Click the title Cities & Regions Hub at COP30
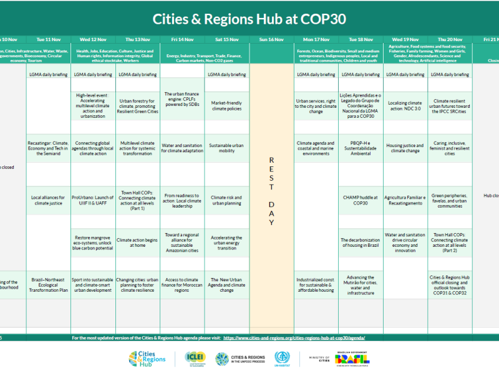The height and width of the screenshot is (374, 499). click(249, 18)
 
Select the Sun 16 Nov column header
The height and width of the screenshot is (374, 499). click(271, 39)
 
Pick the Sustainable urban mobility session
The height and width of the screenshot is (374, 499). click(227, 147)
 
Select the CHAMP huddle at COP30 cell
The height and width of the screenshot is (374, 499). click(361, 200)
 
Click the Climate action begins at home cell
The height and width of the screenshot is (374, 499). click(138, 242)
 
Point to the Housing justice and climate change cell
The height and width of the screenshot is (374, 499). click(405, 147)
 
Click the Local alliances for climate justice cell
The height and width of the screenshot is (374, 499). click(49, 200)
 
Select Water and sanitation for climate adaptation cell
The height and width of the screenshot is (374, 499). click(182, 147)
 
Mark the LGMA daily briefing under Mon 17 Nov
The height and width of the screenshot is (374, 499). click(316, 74)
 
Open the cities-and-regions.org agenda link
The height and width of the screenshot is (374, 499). click(294, 337)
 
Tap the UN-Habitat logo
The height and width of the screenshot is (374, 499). click(283, 358)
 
